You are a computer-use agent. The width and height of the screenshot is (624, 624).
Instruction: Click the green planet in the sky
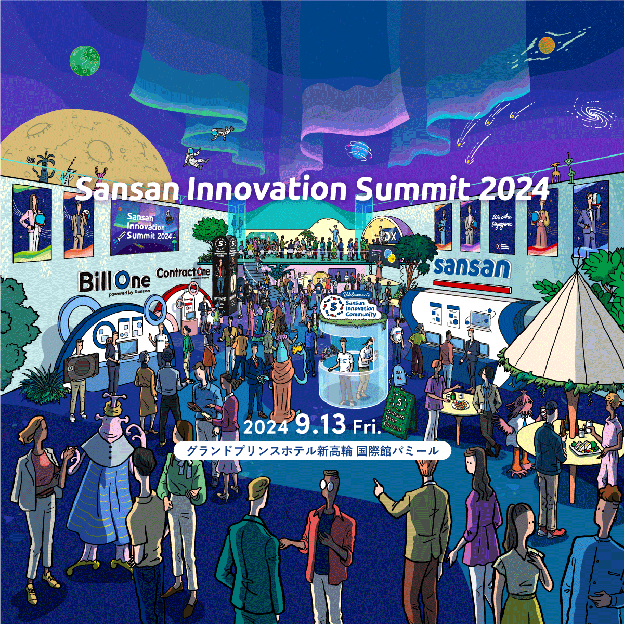point(84,61)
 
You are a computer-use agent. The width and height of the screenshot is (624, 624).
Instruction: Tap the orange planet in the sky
point(547,45)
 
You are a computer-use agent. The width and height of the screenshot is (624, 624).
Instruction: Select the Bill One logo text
point(114,282)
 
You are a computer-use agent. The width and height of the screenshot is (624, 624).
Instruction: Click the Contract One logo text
point(183,272)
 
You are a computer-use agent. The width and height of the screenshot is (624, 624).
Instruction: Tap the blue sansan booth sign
point(471,267)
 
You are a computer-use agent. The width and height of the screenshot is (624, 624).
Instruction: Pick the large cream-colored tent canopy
point(562,328)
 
